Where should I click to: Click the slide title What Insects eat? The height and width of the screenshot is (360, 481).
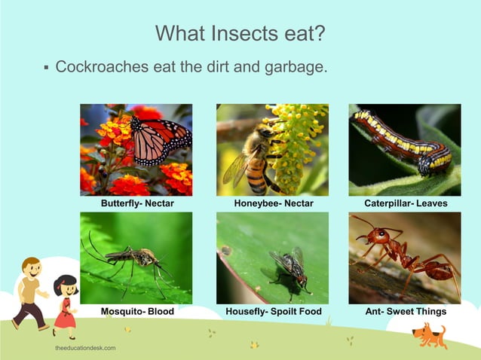pos(240,33)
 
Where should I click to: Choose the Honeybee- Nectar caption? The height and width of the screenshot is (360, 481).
pos(274,203)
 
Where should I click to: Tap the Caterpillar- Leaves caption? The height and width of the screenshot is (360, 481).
pos(406,203)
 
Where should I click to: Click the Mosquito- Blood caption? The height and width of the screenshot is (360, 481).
pos(137,311)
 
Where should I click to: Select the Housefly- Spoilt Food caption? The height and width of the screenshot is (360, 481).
pos(274,311)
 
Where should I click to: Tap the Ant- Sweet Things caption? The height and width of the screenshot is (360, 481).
pos(406,311)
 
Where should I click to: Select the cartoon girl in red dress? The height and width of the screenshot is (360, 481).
pos(65,305)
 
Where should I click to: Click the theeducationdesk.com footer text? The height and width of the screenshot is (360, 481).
pos(85,349)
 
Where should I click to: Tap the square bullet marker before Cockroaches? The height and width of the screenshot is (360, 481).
pos(47,68)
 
